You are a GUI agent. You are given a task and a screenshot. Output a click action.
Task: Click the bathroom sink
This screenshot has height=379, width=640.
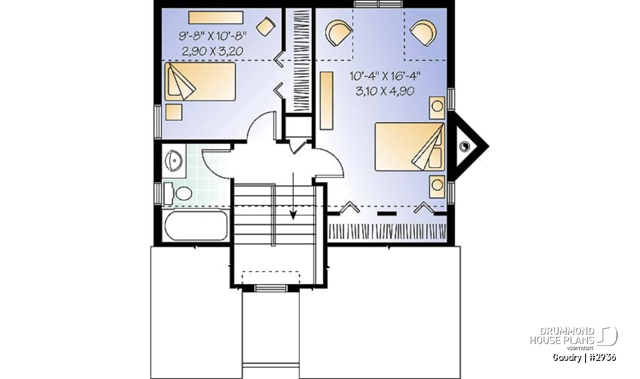(174, 160)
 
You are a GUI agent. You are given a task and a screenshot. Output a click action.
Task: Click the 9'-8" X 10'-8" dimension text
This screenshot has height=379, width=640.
(213, 36)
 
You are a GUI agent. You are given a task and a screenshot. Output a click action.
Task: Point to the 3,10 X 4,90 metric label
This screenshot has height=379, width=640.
(385, 91)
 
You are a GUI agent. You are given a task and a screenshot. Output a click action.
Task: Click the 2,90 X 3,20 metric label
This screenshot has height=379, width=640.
(213, 51)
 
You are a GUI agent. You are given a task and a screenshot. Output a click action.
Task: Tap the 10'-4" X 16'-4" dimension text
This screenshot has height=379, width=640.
(385, 76)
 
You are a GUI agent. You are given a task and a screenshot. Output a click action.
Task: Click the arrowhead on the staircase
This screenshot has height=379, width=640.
(293, 215)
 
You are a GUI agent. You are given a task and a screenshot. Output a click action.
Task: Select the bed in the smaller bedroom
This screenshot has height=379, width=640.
(200, 82)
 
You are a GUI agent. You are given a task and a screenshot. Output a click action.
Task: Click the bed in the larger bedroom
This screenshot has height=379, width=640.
(410, 147)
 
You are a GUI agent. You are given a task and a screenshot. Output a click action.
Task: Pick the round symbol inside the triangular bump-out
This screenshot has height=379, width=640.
(465, 147)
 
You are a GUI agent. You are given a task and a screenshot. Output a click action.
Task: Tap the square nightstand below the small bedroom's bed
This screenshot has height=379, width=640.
(174, 112)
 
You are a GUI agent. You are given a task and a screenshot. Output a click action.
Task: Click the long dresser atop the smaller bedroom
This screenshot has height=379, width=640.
(215, 18)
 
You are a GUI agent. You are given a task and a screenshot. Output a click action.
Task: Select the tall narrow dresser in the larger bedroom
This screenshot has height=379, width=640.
(326, 101)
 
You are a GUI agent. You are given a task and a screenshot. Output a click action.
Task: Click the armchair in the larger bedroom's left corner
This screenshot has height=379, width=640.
(339, 33)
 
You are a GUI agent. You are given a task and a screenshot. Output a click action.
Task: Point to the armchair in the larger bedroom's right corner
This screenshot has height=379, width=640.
(423, 33)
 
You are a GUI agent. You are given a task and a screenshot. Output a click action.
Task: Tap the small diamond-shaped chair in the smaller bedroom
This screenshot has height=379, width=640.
(266, 27)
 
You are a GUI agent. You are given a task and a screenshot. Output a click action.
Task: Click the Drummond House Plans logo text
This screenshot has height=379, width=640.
(562, 336)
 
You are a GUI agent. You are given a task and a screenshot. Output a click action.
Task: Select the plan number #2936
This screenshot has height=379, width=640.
(603, 358)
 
